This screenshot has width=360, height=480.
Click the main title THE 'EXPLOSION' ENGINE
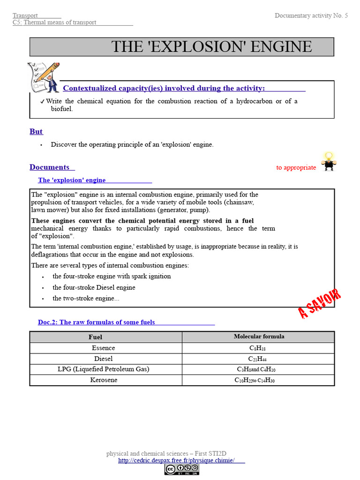(x=211, y=47)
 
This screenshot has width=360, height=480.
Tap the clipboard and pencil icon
(x=43, y=77)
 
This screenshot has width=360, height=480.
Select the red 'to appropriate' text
(x=296, y=168)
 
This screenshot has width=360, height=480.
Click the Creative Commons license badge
(x=181, y=469)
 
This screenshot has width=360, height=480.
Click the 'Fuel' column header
(x=95, y=337)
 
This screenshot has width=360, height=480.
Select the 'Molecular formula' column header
(x=259, y=337)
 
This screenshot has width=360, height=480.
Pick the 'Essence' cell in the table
(x=103, y=348)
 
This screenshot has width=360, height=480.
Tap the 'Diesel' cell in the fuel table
(x=103, y=359)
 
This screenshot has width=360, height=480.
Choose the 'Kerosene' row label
(x=104, y=380)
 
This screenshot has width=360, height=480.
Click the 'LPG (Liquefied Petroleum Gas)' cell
(x=103, y=369)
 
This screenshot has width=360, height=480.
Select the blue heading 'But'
(x=36, y=132)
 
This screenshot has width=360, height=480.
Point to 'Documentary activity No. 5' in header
(x=311, y=16)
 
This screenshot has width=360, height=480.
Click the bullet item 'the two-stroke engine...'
(x=85, y=299)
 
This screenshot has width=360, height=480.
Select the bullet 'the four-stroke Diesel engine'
(x=94, y=287)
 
